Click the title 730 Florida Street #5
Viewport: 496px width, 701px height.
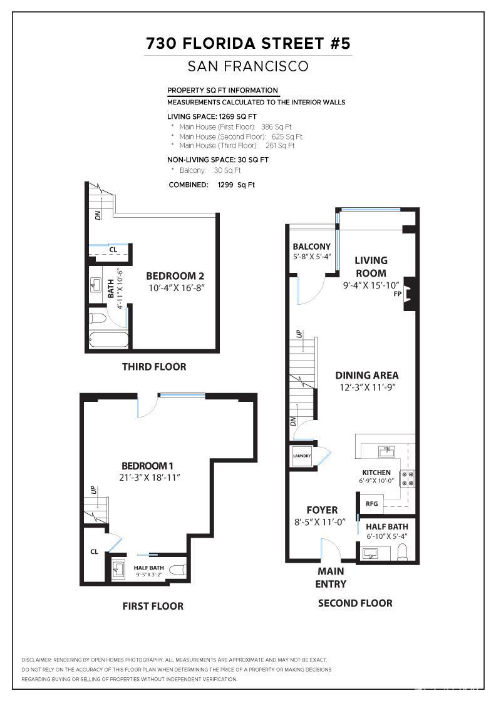pyautogui.click(x=248, y=43)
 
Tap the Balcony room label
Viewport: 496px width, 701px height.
pyautogui.click(x=311, y=247)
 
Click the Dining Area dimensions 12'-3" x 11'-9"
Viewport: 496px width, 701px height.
pyautogui.click(x=367, y=387)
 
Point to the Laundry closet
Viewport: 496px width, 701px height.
pyautogui.click(x=301, y=456)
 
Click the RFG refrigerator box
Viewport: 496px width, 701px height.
pyautogui.click(x=371, y=503)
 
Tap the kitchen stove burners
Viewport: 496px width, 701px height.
pyautogui.click(x=408, y=479)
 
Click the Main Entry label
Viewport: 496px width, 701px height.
pyautogui.click(x=331, y=577)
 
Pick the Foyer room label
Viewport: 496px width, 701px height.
pyautogui.click(x=322, y=510)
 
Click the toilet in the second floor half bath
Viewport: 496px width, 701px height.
pyautogui.click(x=403, y=551)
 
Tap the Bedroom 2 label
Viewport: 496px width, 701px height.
pyautogui.click(x=175, y=275)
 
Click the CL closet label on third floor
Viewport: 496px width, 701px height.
pyautogui.click(x=113, y=249)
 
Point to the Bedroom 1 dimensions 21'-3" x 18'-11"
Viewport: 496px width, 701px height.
pyautogui.click(x=147, y=477)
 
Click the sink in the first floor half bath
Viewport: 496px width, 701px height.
pyautogui.click(x=119, y=570)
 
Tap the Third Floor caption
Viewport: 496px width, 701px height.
pyautogui.click(x=154, y=367)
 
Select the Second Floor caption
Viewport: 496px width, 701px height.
pyautogui.click(x=355, y=603)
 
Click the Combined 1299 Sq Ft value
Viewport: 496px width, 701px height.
pyautogui.click(x=236, y=185)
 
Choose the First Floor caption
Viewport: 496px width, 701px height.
pyautogui.click(x=153, y=606)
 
